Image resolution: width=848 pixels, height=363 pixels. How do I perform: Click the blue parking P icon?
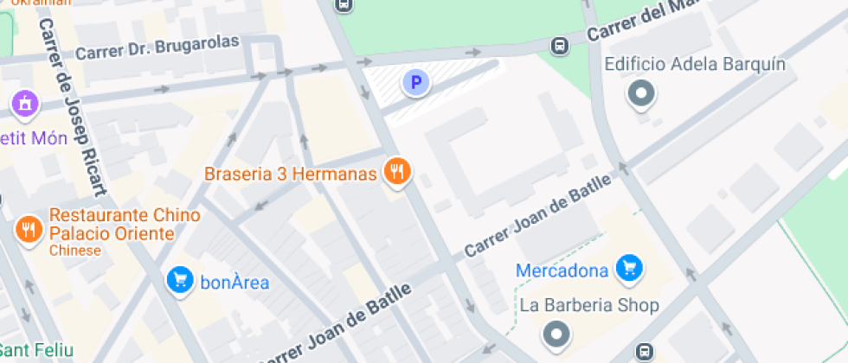(x=416, y=83)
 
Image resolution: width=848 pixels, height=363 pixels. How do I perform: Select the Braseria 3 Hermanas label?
(x=291, y=174)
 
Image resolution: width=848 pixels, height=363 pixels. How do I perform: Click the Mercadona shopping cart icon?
(x=629, y=269)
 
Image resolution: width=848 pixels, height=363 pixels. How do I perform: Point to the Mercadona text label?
(x=562, y=271)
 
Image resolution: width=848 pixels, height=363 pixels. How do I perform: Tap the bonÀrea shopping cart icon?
(x=180, y=280)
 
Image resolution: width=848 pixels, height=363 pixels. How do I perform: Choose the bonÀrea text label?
(x=234, y=283)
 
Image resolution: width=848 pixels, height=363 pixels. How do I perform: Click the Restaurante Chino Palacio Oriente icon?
(x=29, y=229)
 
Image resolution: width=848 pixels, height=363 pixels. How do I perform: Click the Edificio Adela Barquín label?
(x=695, y=65)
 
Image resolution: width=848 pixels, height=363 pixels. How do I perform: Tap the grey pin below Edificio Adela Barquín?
(x=641, y=93)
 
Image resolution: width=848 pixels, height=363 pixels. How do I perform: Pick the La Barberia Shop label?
(x=589, y=305)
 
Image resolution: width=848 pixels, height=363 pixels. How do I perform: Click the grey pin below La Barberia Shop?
(x=556, y=333)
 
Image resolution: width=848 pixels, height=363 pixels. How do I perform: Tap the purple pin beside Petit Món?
(x=25, y=105)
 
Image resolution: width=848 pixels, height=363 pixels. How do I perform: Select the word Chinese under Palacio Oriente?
(x=75, y=251)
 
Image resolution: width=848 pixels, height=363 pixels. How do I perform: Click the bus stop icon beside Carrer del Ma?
(x=560, y=45)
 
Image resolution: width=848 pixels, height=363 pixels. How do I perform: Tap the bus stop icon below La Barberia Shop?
(x=644, y=352)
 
